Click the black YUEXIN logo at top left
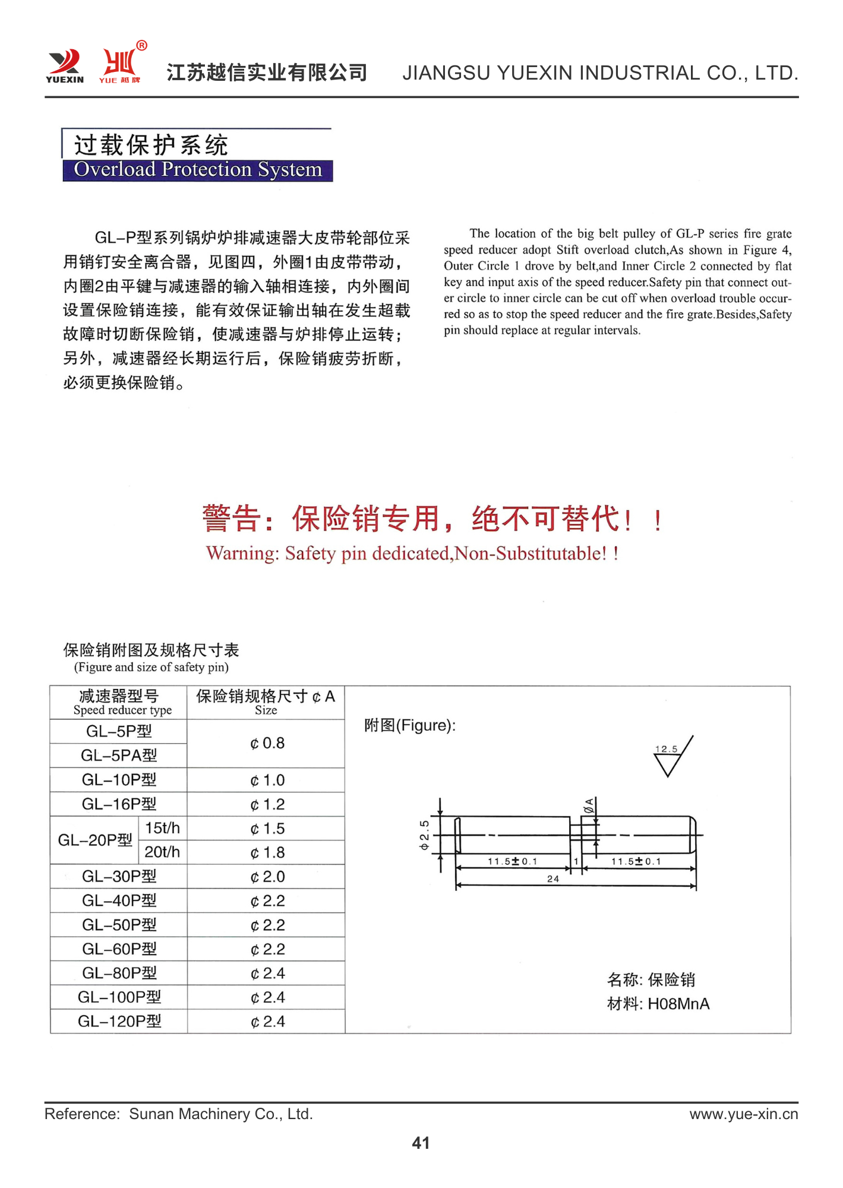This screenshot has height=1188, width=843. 65,66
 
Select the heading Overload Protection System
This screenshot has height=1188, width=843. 197,170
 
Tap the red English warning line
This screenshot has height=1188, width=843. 412,554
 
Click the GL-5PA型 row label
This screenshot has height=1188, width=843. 119,756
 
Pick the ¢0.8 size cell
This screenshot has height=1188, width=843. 267,743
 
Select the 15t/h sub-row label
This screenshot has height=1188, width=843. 162,828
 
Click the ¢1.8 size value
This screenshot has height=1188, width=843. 267,852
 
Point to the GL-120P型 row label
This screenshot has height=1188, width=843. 119,1021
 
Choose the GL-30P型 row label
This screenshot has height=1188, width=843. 119,876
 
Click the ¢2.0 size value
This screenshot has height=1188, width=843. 267,876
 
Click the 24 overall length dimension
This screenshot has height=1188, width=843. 553,879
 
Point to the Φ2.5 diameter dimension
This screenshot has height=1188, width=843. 424,835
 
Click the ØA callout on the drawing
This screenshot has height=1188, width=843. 589,806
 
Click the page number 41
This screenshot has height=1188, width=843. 421,1143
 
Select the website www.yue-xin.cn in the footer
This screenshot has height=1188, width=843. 743,1114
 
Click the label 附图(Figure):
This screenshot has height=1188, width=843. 410,725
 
